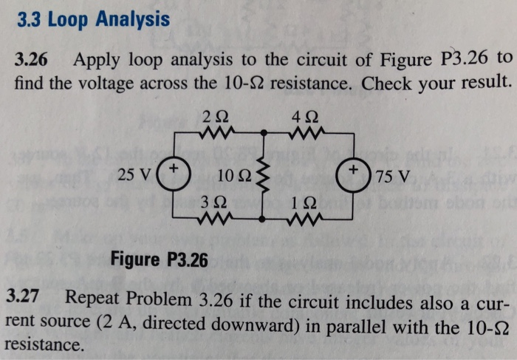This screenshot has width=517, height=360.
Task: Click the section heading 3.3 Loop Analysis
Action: [x=92, y=19]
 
